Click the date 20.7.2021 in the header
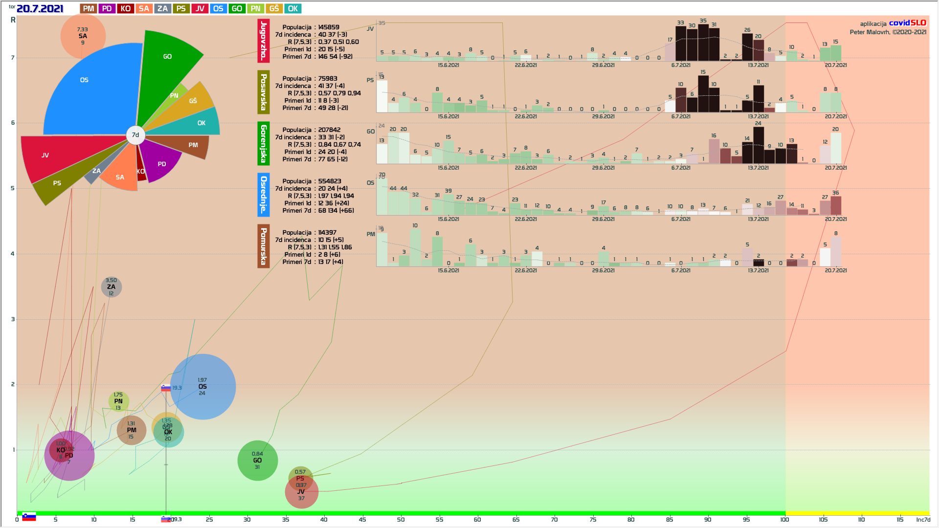point(40,9)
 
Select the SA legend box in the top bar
point(144,9)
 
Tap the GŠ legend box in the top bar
point(274,9)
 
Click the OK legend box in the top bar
point(293,9)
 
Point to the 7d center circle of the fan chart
point(135,135)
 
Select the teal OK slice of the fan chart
point(196,124)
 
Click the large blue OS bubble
point(202,387)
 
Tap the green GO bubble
point(257,461)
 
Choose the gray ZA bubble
point(112,287)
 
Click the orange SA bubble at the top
point(83,36)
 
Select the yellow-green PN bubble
point(118,401)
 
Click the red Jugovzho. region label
point(264,41)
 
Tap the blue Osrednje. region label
point(264,195)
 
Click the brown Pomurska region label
point(264,246)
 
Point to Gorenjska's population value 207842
point(329,130)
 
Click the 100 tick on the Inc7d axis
point(784,519)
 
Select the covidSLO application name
point(907,23)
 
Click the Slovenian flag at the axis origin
point(29,517)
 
